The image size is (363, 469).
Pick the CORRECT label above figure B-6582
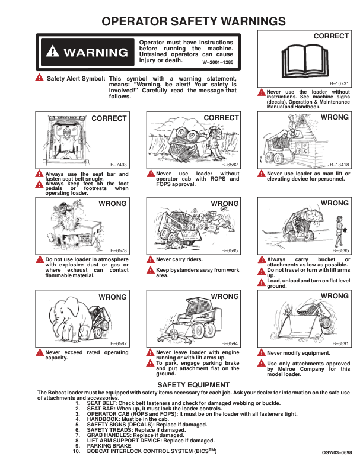pos(221,118)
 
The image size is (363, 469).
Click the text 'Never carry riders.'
pos(179,259)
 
